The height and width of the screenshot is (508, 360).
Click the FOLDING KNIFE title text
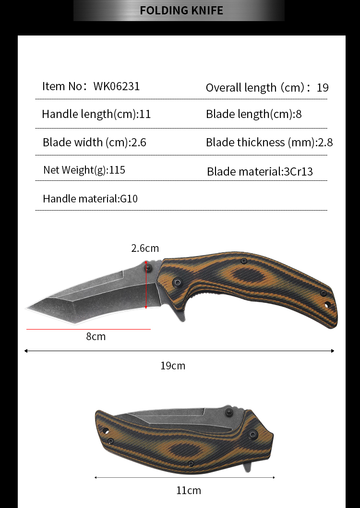point(181,11)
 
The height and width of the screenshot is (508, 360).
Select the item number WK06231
point(117,86)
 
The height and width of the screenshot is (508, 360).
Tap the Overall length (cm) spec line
point(267,87)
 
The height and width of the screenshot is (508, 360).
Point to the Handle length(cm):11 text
point(96,114)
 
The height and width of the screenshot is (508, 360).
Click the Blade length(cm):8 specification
point(253,114)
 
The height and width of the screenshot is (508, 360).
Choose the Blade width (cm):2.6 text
point(95,142)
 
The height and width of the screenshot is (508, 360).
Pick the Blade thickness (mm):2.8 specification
point(269,142)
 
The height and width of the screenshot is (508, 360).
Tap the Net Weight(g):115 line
point(84,170)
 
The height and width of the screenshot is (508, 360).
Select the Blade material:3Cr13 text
point(260,171)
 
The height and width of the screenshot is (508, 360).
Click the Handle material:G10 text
point(90,199)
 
